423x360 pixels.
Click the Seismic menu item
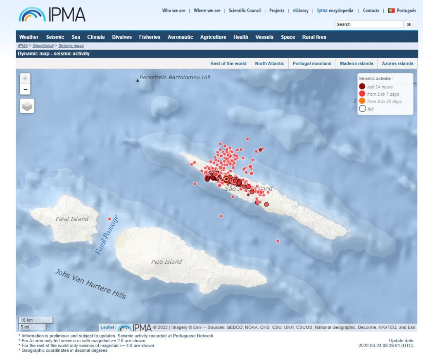(55, 37)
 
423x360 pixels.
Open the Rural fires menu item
(314, 37)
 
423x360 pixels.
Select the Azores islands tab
(397, 64)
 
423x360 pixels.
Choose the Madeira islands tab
(356, 64)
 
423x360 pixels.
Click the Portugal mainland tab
(312, 64)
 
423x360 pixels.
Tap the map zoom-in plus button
(25, 78)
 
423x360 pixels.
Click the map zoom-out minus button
(25, 89)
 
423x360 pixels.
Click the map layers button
(27, 106)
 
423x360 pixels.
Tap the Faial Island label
(72, 219)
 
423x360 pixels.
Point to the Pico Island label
(166, 262)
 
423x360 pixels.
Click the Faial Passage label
(107, 235)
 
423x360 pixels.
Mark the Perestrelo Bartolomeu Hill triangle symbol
(138, 80)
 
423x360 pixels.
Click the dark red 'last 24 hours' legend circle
(362, 87)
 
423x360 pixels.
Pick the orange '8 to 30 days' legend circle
(362, 101)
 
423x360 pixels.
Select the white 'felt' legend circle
(362, 109)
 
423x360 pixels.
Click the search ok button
(409, 24)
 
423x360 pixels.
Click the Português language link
(406, 11)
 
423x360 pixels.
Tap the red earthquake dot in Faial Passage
(109, 219)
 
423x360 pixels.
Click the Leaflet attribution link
(107, 327)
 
